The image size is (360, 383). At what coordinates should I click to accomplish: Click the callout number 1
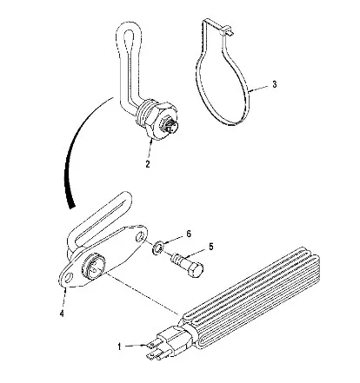[x=119, y=347]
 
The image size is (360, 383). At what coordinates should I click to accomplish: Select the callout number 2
[x=148, y=164]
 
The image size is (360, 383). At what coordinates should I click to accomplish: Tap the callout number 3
[x=274, y=84]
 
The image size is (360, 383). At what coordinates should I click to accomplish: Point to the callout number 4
[x=62, y=314]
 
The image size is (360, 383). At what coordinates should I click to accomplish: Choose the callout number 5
[x=210, y=247]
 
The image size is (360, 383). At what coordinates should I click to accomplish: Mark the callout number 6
[x=189, y=234]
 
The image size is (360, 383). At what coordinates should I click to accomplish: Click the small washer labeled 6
[x=158, y=248]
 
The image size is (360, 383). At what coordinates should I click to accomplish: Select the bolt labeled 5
[x=187, y=264]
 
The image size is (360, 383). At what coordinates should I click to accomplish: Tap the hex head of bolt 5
[x=195, y=269]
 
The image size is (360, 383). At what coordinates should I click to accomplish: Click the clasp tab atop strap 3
[x=228, y=30]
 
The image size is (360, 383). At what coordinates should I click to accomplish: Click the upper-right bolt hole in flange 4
[x=140, y=237]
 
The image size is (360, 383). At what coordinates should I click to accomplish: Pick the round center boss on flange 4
[x=92, y=266]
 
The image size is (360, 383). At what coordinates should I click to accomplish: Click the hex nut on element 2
[x=158, y=120]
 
